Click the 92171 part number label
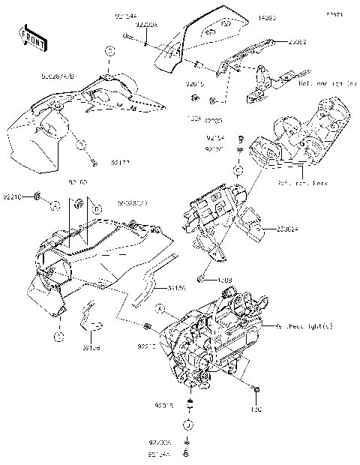[121, 161]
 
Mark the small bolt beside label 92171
[93, 161]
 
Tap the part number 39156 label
[176, 287]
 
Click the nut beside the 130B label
[202, 279]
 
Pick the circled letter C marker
[239, 172]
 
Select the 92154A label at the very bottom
[158, 454]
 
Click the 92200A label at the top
[146, 25]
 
